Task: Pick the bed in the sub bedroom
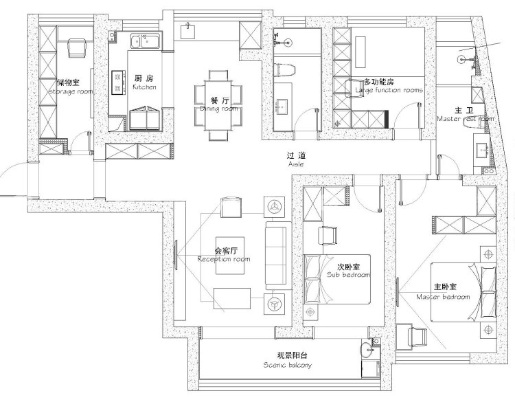click(336, 278)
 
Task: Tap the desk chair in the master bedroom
click(415, 334)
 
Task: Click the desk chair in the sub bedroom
click(328, 235)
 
